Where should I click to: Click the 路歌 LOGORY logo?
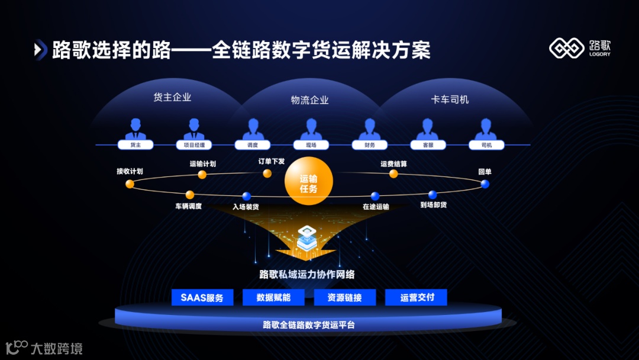pyautogui.click(x=579, y=49)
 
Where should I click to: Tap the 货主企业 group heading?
pyautogui.click(x=172, y=98)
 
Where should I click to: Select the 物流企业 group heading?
pyautogui.click(x=309, y=100)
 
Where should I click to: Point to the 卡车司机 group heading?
pyautogui.click(x=450, y=99)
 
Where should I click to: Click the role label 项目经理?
pyautogui.click(x=193, y=145)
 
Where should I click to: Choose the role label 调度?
pyautogui.click(x=252, y=145)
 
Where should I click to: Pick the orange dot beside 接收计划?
pyautogui.click(x=130, y=184)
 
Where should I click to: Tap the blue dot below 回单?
pyautogui.click(x=485, y=184)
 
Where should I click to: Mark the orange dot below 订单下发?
pyautogui.click(x=267, y=173)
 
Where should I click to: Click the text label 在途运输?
pyautogui.click(x=376, y=207)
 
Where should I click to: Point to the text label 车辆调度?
pyautogui.click(x=188, y=207)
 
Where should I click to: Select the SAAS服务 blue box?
pyautogui.click(x=202, y=297)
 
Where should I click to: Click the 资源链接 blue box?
pyautogui.click(x=344, y=297)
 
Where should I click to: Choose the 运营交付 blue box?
pyautogui.click(x=416, y=297)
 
